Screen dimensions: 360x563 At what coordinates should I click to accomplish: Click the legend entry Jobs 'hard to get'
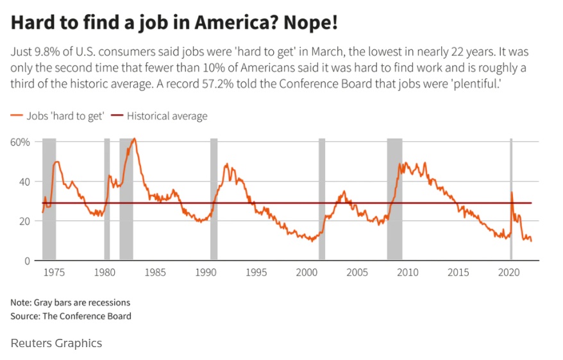tap(57, 116)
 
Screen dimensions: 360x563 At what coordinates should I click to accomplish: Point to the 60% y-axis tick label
tap(21, 142)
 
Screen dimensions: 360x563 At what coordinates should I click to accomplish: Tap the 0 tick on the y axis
tap(26, 261)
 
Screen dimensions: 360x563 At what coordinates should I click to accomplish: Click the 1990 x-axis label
tap(205, 272)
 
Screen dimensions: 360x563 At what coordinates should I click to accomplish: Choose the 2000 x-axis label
tap(307, 272)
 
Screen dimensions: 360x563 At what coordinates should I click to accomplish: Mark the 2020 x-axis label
tap(508, 272)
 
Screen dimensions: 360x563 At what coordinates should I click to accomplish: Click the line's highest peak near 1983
tap(133, 139)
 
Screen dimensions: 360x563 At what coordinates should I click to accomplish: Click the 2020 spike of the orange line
tap(511, 193)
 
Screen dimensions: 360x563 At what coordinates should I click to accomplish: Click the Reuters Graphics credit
tap(56, 343)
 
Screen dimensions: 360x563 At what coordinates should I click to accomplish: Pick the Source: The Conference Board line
tap(71, 316)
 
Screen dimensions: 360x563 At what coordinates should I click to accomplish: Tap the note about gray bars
tap(71, 302)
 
